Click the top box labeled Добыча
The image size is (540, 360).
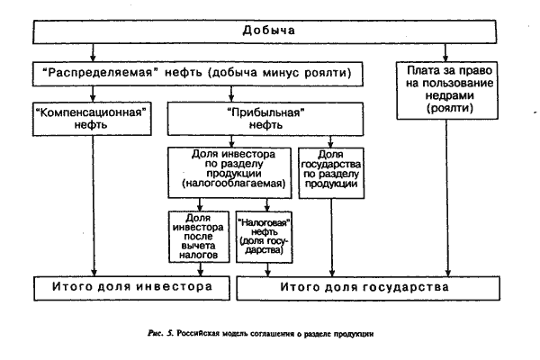(265, 31)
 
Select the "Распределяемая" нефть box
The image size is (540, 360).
(198, 74)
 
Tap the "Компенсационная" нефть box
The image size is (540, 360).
(92, 119)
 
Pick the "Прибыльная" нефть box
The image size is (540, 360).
(265, 119)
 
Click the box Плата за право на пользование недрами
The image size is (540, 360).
(447, 91)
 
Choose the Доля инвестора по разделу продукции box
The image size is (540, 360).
(229, 173)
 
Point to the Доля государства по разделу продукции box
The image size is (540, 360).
(331, 174)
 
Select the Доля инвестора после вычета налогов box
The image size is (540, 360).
(199, 237)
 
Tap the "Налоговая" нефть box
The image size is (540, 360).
(264, 237)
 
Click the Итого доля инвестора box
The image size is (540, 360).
(131, 288)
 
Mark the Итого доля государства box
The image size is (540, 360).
(368, 288)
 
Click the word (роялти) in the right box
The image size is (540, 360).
(450, 108)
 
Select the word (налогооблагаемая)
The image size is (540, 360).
(234, 184)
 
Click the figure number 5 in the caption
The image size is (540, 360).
(169, 334)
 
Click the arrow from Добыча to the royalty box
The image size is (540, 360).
(445, 53)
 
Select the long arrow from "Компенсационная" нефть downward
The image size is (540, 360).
(93, 206)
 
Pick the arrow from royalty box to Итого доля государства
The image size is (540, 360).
(447, 198)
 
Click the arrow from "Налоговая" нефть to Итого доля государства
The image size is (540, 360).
(267, 269)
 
